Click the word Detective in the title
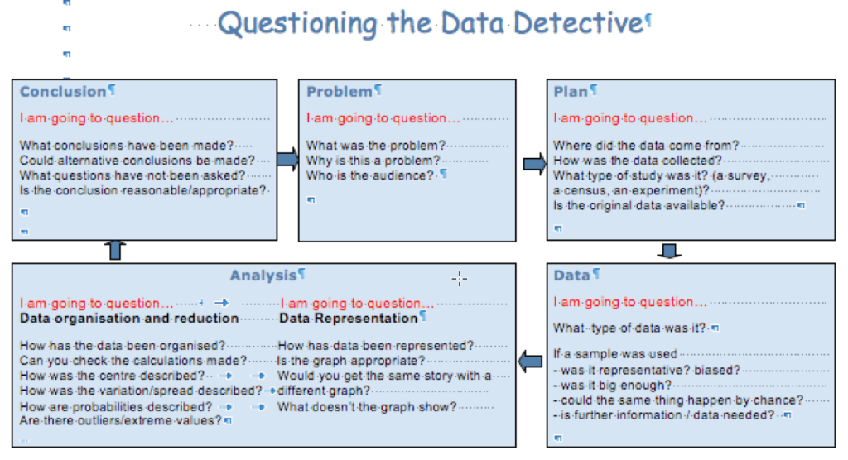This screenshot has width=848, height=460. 578,23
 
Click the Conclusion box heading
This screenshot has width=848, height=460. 63,91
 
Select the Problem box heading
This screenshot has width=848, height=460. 339,91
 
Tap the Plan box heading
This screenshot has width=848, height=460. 570,91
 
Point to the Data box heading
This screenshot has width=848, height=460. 571,276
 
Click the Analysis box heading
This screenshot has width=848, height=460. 263,276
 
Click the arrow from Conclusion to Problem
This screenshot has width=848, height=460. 287,159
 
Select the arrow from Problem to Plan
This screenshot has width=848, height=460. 535,164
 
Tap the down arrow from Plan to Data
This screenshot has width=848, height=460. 669,251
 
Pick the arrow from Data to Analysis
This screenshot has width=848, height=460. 530,362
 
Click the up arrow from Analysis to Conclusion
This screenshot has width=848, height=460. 114,251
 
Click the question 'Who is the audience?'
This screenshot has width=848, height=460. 369,175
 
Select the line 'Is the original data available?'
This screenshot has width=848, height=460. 638,205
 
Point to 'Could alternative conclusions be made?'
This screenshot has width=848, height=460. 137,161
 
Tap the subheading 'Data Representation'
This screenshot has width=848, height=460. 348,319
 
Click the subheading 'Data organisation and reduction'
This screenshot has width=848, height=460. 129,319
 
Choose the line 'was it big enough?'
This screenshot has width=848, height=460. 615,385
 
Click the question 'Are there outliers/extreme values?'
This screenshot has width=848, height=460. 121,420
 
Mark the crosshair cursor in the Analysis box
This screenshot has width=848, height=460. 459,279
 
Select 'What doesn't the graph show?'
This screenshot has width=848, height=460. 367,406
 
